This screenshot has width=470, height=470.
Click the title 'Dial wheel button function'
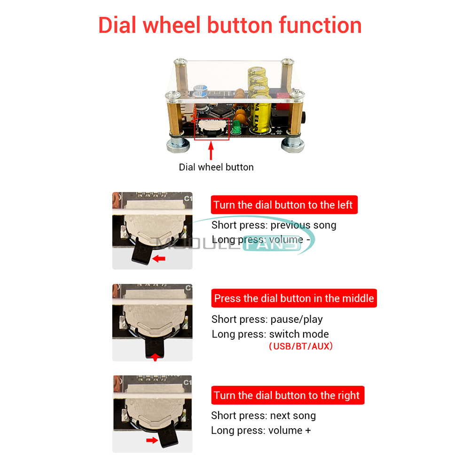230,25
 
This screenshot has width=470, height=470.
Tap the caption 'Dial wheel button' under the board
216,167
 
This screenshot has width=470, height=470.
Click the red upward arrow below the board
211,150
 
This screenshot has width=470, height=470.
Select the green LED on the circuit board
236,127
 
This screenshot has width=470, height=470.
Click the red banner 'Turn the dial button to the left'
284,205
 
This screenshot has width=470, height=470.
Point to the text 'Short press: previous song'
274,225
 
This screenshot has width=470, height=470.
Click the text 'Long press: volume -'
261,240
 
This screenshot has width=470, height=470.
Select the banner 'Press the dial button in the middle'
294,298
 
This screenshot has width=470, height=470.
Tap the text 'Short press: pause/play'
267,319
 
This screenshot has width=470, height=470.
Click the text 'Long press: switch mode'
270,334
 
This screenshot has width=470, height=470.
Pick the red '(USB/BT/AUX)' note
301,346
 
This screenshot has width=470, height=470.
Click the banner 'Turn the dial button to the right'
288,395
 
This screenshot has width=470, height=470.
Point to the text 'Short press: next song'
264,415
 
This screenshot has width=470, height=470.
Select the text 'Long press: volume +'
261,431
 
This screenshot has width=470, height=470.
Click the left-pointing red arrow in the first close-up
159,258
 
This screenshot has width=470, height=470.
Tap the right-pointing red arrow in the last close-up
152,440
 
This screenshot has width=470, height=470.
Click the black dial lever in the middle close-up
155,348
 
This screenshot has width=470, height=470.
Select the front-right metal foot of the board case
292,144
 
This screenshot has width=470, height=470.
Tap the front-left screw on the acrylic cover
173,95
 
